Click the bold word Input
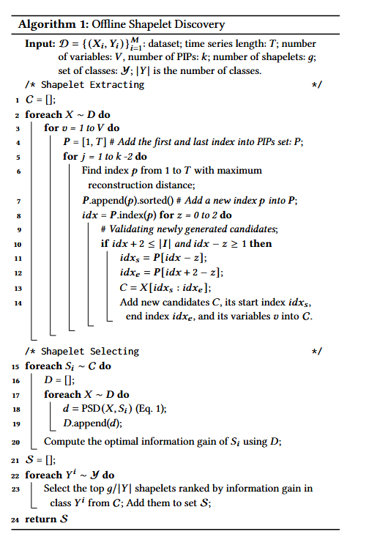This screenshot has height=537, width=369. click(x=40, y=44)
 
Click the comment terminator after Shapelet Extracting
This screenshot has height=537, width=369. click(x=317, y=86)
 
